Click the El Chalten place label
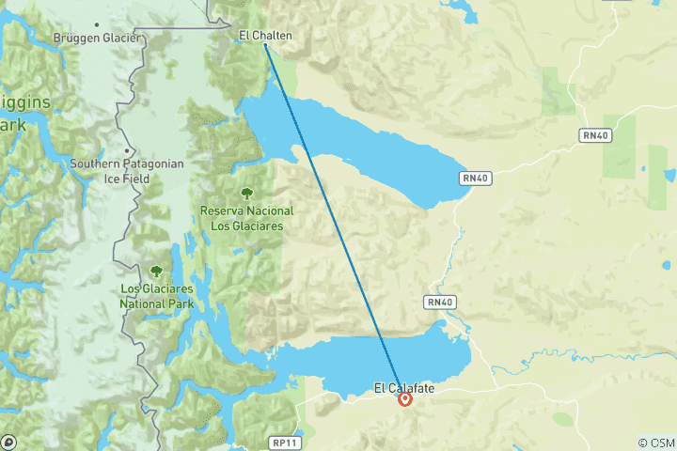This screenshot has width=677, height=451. (265, 36)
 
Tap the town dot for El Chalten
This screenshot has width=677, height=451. (265, 45)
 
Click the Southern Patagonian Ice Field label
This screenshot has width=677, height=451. (126, 169)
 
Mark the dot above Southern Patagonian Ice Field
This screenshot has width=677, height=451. (126, 150)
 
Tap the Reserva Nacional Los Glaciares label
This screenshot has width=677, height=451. (246, 218)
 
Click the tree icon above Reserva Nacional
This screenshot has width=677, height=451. (246, 194)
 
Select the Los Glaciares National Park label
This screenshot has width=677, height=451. (156, 297)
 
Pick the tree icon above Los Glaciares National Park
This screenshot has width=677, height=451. (156, 272)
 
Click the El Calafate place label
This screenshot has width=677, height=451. (404, 387)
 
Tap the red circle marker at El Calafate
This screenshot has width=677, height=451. (405, 399)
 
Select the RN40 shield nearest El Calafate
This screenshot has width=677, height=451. (440, 302)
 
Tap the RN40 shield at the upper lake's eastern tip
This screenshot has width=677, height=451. (476, 178)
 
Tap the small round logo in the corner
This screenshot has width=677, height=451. (8, 442)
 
